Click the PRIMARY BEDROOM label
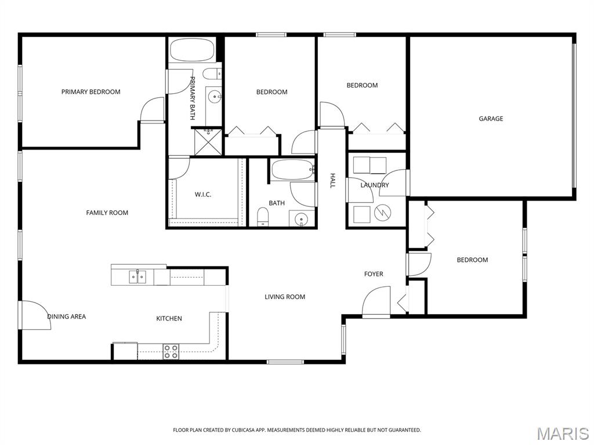click(x=91, y=92)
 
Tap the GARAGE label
click(x=491, y=119)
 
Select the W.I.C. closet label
click(x=203, y=195)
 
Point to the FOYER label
click(x=374, y=274)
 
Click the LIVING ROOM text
click(x=285, y=297)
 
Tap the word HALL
click(x=332, y=181)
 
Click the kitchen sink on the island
click(x=137, y=276)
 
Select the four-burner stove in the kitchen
click(x=171, y=352)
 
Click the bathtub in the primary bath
click(x=191, y=50)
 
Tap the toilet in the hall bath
click(x=263, y=217)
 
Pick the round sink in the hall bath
click(x=302, y=218)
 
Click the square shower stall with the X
click(x=208, y=142)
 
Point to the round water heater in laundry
click(x=383, y=213)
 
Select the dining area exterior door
click(x=35, y=315)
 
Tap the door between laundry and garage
click(x=394, y=182)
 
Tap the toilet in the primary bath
click(x=212, y=74)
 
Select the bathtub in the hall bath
click(x=293, y=170)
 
